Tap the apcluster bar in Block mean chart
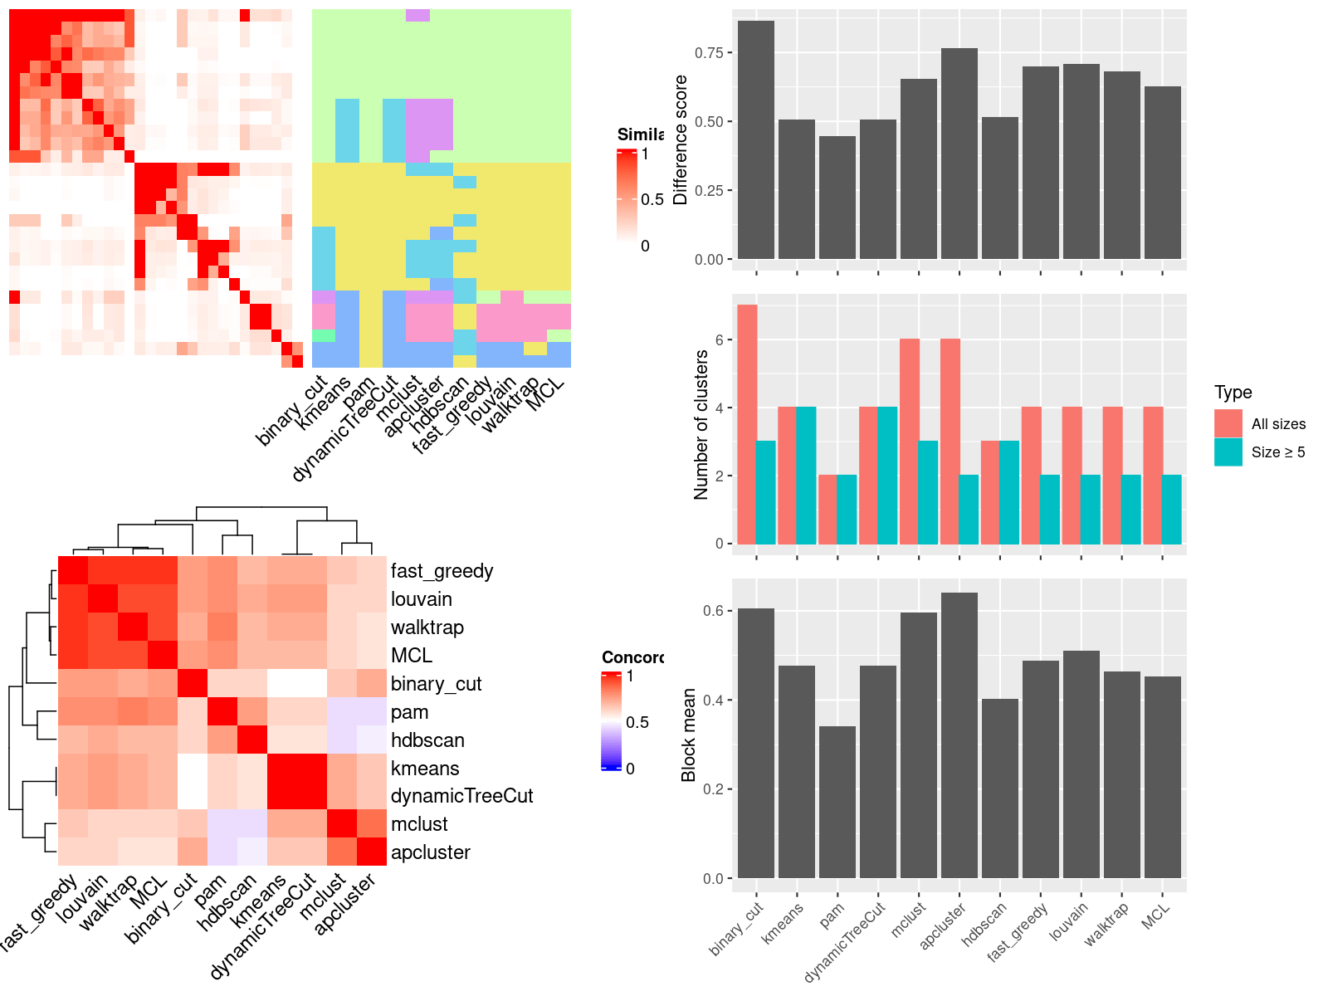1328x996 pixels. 959,735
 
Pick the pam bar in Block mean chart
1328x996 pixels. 837,802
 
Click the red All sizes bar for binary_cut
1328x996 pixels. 747,424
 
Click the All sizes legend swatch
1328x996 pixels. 1228,423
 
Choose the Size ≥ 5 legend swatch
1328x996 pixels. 1228,452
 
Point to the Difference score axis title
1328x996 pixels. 681,139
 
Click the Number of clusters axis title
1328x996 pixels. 701,424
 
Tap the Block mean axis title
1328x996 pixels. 688,735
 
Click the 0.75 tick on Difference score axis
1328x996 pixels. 710,52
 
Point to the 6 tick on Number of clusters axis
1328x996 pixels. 719,339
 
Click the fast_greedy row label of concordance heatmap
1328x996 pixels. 442,571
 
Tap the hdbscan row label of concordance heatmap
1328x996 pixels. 427,740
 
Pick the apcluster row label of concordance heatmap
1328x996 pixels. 430,852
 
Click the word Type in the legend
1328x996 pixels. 1233,392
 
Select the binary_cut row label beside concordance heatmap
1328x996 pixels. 436,684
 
